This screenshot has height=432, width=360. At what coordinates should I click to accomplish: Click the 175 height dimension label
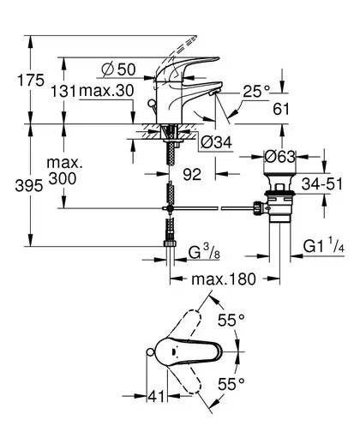pos(31,80)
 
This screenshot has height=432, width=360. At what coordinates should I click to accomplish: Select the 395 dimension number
pos(29,186)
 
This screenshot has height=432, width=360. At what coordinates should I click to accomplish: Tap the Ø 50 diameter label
pos(118,69)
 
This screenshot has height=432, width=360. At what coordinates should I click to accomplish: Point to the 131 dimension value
pos(63,91)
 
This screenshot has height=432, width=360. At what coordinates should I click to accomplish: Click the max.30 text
pos(106,91)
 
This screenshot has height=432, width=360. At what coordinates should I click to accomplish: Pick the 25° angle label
pos(256,91)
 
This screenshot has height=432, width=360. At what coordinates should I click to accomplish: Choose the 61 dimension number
pos(281,109)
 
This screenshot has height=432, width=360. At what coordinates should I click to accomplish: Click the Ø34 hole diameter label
pos(216,142)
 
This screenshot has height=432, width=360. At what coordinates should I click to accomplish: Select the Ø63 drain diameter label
pos(279,156)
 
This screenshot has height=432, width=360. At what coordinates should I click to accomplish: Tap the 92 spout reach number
pos(192,174)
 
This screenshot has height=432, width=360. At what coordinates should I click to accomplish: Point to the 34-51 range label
pos(322,183)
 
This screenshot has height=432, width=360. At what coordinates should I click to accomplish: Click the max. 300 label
pos(63,171)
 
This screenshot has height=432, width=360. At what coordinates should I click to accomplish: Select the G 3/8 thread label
pos(204,252)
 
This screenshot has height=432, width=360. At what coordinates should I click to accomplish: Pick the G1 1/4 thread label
pos(323,245)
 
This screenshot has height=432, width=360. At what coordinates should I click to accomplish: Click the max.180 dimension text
pos(224,279)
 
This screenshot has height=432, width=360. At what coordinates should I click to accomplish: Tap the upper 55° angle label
pos(231,320)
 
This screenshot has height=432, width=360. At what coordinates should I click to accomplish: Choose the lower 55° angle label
pos(231,384)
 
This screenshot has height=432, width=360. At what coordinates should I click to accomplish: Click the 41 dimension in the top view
pos(157,396)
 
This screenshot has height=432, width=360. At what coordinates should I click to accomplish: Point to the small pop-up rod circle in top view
pos(150,352)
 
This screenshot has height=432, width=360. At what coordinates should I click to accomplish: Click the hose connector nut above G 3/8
pos(170,243)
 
